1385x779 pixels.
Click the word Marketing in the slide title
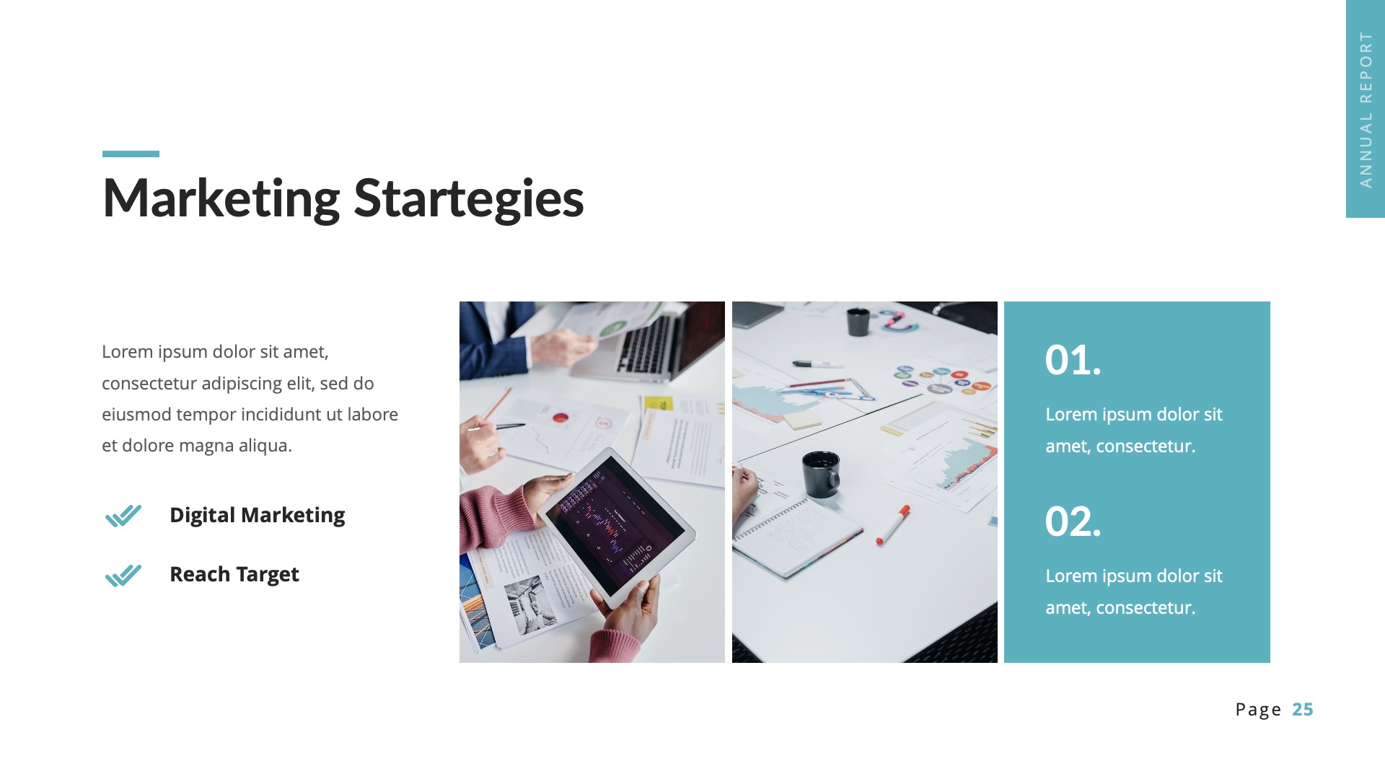point(221,198)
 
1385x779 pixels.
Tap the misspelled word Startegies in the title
point(469,198)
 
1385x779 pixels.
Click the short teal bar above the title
point(131,154)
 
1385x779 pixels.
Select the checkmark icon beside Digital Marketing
point(123,516)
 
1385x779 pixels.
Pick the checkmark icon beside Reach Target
point(123,576)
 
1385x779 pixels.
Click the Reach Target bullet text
point(234,575)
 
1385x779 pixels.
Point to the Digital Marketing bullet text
point(257,515)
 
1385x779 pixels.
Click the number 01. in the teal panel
point(1073,360)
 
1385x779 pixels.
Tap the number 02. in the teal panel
point(1073,521)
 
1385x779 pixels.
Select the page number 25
point(1302,710)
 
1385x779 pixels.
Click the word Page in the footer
point(1258,710)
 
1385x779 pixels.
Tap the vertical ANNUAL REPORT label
point(1366,110)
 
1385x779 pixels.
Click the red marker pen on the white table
point(893,524)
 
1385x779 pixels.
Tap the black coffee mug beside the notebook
point(822,474)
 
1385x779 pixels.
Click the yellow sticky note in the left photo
point(658,403)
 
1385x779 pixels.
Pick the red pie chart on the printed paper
point(560,418)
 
